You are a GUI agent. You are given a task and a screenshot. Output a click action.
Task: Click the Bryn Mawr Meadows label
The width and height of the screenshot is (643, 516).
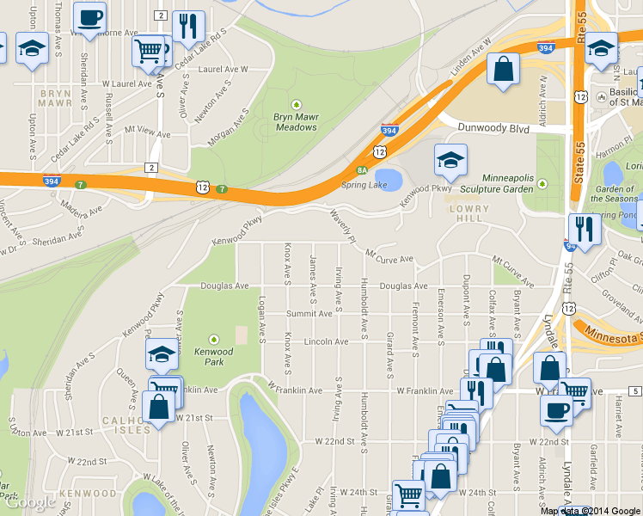[296, 121]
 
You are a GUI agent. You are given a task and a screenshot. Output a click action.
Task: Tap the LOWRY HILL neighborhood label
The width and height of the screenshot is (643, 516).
[468, 209]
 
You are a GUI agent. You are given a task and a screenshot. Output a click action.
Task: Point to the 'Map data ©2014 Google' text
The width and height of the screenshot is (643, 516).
[590, 511]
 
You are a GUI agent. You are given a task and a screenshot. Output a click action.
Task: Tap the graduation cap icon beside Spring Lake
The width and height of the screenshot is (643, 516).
[450, 160]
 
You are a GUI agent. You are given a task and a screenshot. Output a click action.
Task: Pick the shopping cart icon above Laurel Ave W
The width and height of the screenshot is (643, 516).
[149, 50]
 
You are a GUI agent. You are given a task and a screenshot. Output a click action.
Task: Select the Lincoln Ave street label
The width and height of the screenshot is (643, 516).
[326, 341]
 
